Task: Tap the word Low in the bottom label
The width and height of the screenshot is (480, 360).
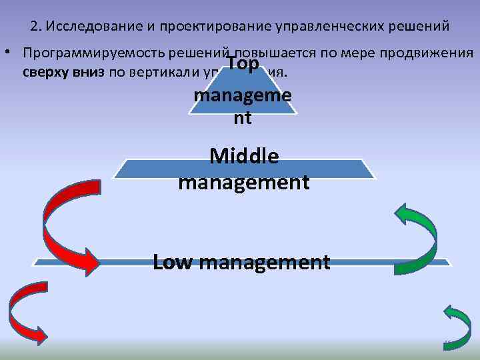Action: coord(173,261)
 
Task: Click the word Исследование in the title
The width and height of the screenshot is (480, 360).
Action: coord(87,27)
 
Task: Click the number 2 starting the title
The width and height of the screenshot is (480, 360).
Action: coord(35,27)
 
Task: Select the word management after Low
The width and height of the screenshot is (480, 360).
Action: coord(264,261)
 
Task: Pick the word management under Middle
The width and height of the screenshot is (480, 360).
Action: coord(243,181)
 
